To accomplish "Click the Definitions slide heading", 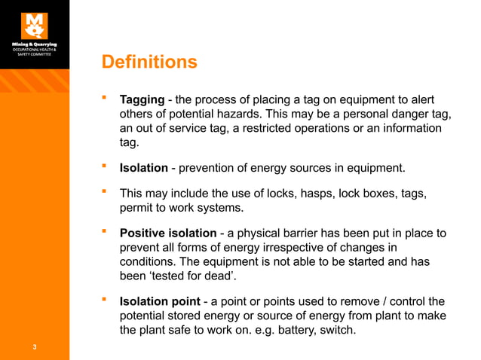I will click(149, 62).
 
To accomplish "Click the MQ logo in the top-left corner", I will click(34, 25).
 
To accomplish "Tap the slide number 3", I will click(35, 347).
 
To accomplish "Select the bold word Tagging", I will click(143, 100).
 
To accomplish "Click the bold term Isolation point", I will click(165, 302).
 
